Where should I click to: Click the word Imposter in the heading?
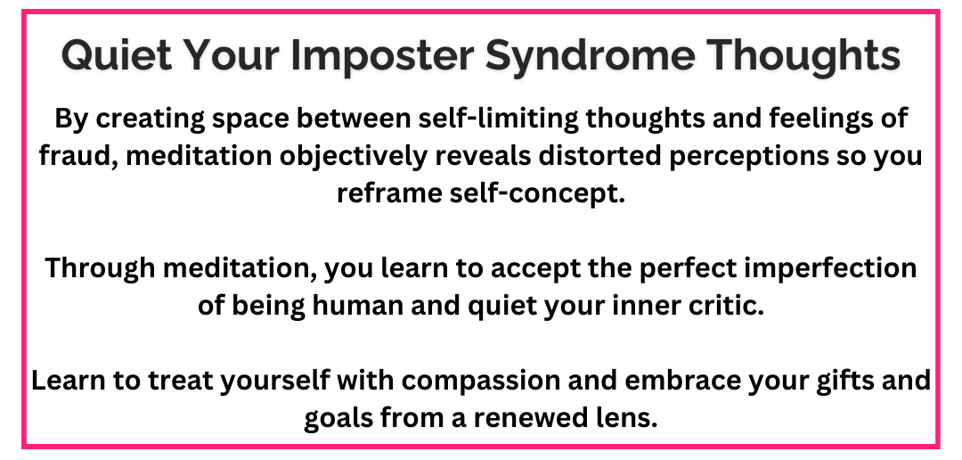[382, 55]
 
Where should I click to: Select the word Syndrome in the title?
[591, 55]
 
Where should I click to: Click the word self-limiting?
[498, 119]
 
